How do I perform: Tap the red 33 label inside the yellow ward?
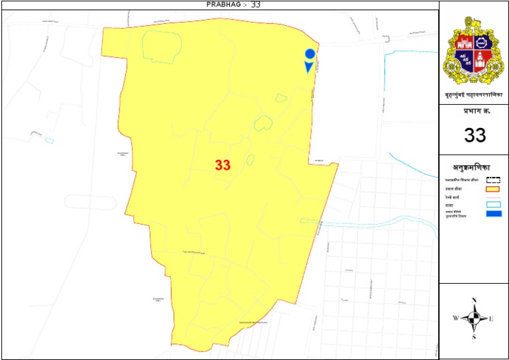click(222, 166)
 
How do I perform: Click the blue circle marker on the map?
click(309, 54)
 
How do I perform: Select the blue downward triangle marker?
click(308, 67)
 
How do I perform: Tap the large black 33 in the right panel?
click(475, 135)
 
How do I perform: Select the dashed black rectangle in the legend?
click(494, 179)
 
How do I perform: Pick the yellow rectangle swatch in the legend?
click(494, 189)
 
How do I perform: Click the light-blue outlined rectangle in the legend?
click(494, 204)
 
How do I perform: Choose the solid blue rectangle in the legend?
click(494, 213)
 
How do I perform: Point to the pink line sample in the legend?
click(494, 198)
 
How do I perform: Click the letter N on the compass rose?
click(475, 301)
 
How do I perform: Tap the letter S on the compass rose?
click(475, 337)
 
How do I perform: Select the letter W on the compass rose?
click(455, 319)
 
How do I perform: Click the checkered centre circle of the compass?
click(474, 319)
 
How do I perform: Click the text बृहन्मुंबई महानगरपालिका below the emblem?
click(474, 96)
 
